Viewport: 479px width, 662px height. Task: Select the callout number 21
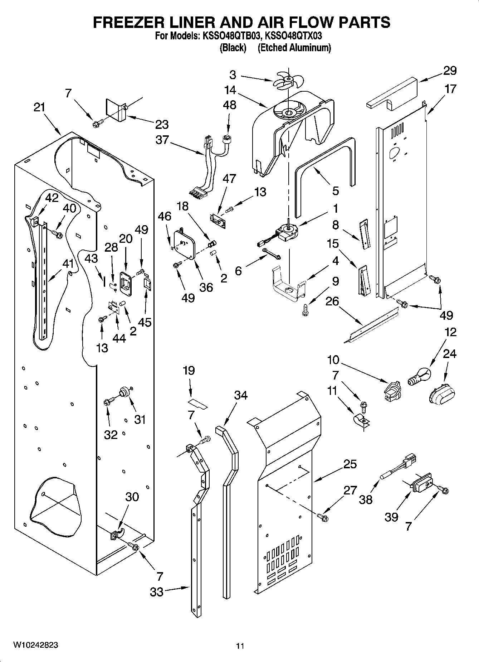39,107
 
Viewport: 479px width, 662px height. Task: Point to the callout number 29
450,71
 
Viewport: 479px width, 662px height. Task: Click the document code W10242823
35,644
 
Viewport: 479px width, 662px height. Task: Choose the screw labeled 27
323,517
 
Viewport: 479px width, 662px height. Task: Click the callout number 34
241,395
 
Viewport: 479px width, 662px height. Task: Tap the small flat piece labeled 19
198,403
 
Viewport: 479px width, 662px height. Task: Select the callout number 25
350,464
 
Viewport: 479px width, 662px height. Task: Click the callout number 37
162,139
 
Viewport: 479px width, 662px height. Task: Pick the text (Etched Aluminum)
294,48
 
